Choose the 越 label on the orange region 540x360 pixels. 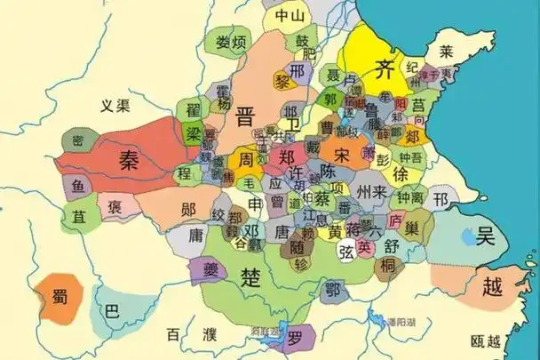(x=490, y=286)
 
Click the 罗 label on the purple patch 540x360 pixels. (x=294, y=336)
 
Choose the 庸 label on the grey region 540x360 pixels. (x=197, y=235)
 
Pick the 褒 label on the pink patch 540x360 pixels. (x=115, y=208)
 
